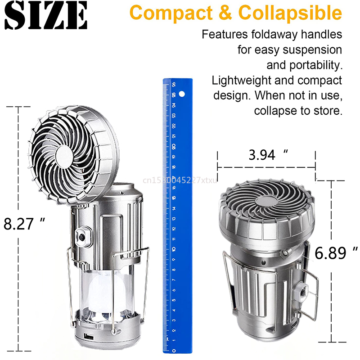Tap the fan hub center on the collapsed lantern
pyautogui.click(x=264, y=201)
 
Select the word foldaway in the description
pyautogui.click(x=264, y=34)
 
